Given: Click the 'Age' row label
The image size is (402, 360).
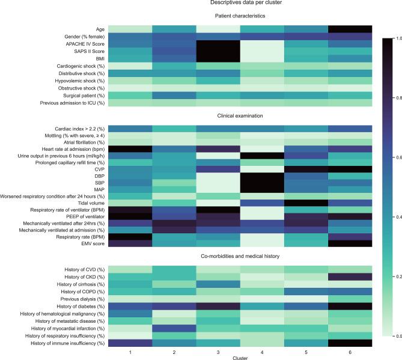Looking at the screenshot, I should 100,28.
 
